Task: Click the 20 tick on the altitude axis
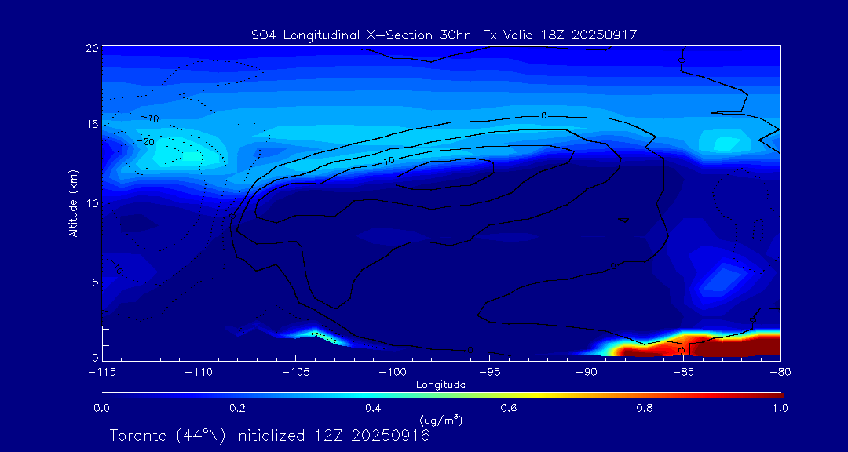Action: click(x=91, y=48)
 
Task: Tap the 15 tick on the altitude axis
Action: click(x=91, y=125)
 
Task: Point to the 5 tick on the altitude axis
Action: click(x=94, y=282)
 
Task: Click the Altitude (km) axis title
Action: click(x=74, y=203)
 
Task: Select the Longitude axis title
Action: click(x=441, y=385)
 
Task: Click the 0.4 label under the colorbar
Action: click(x=373, y=408)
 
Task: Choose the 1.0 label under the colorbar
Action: click(x=780, y=408)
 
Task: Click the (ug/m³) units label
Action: click(x=441, y=421)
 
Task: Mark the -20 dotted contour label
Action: click(x=146, y=142)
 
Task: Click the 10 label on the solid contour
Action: click(x=389, y=160)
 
